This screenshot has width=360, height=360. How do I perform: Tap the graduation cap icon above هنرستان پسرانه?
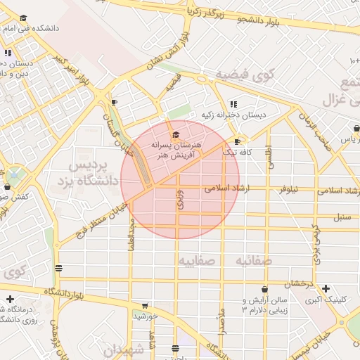tap(176, 134)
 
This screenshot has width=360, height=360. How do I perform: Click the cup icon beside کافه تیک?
tap(237, 141)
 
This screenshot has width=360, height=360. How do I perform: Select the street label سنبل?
tap(342, 217)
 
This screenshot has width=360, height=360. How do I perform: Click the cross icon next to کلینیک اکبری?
tap(325, 288)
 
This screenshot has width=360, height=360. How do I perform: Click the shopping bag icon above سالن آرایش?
tap(264, 289)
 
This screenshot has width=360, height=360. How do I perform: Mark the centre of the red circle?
tap(180, 179)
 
